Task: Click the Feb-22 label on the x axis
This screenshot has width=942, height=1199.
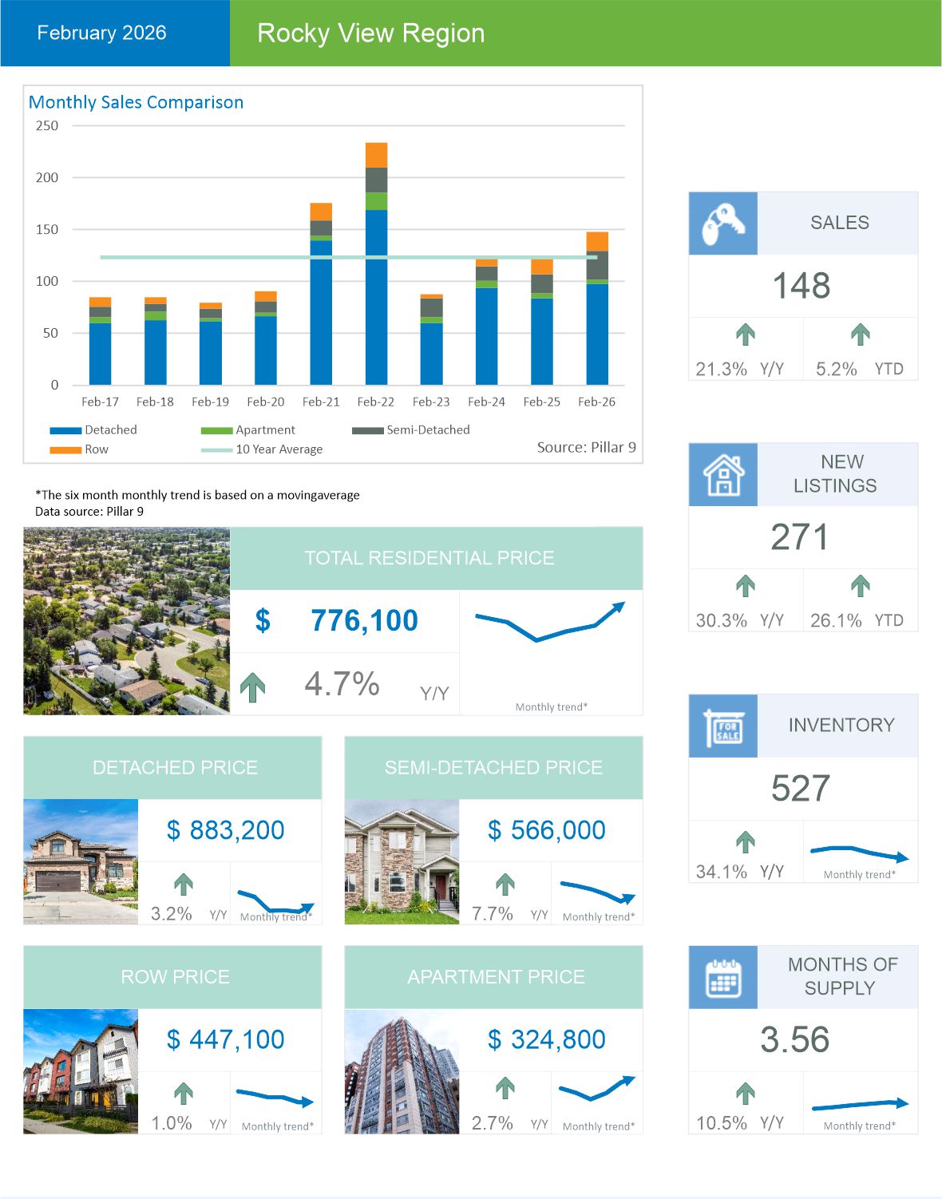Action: coord(375,402)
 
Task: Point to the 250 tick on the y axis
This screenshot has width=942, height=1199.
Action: coord(47,125)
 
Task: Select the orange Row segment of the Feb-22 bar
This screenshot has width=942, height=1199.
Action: coord(376,155)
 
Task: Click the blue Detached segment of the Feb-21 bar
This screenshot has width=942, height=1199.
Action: coord(321,311)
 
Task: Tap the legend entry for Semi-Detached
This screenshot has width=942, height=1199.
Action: coord(427,429)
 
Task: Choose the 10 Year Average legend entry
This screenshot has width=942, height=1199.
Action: coord(279,449)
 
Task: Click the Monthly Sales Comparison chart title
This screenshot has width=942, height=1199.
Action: coord(136,102)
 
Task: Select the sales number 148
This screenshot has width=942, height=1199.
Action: coord(801,286)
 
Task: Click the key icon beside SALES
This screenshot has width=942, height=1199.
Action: coord(722,224)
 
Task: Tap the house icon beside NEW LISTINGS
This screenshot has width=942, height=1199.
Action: coord(722,475)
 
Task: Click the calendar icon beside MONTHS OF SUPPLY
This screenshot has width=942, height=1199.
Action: coord(722,977)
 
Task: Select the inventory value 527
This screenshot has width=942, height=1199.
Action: coord(801,789)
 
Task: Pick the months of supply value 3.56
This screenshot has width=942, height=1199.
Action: coord(795,1039)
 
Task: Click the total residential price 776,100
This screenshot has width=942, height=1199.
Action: coord(364,620)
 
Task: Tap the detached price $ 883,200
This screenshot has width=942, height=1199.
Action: coord(226,830)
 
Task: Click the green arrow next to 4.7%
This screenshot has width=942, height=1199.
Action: coord(253,687)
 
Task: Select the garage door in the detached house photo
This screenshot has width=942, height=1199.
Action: coord(57,881)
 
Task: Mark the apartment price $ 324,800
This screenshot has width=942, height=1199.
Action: coord(547,1039)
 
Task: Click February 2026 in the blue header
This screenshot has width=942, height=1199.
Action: coord(101,33)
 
